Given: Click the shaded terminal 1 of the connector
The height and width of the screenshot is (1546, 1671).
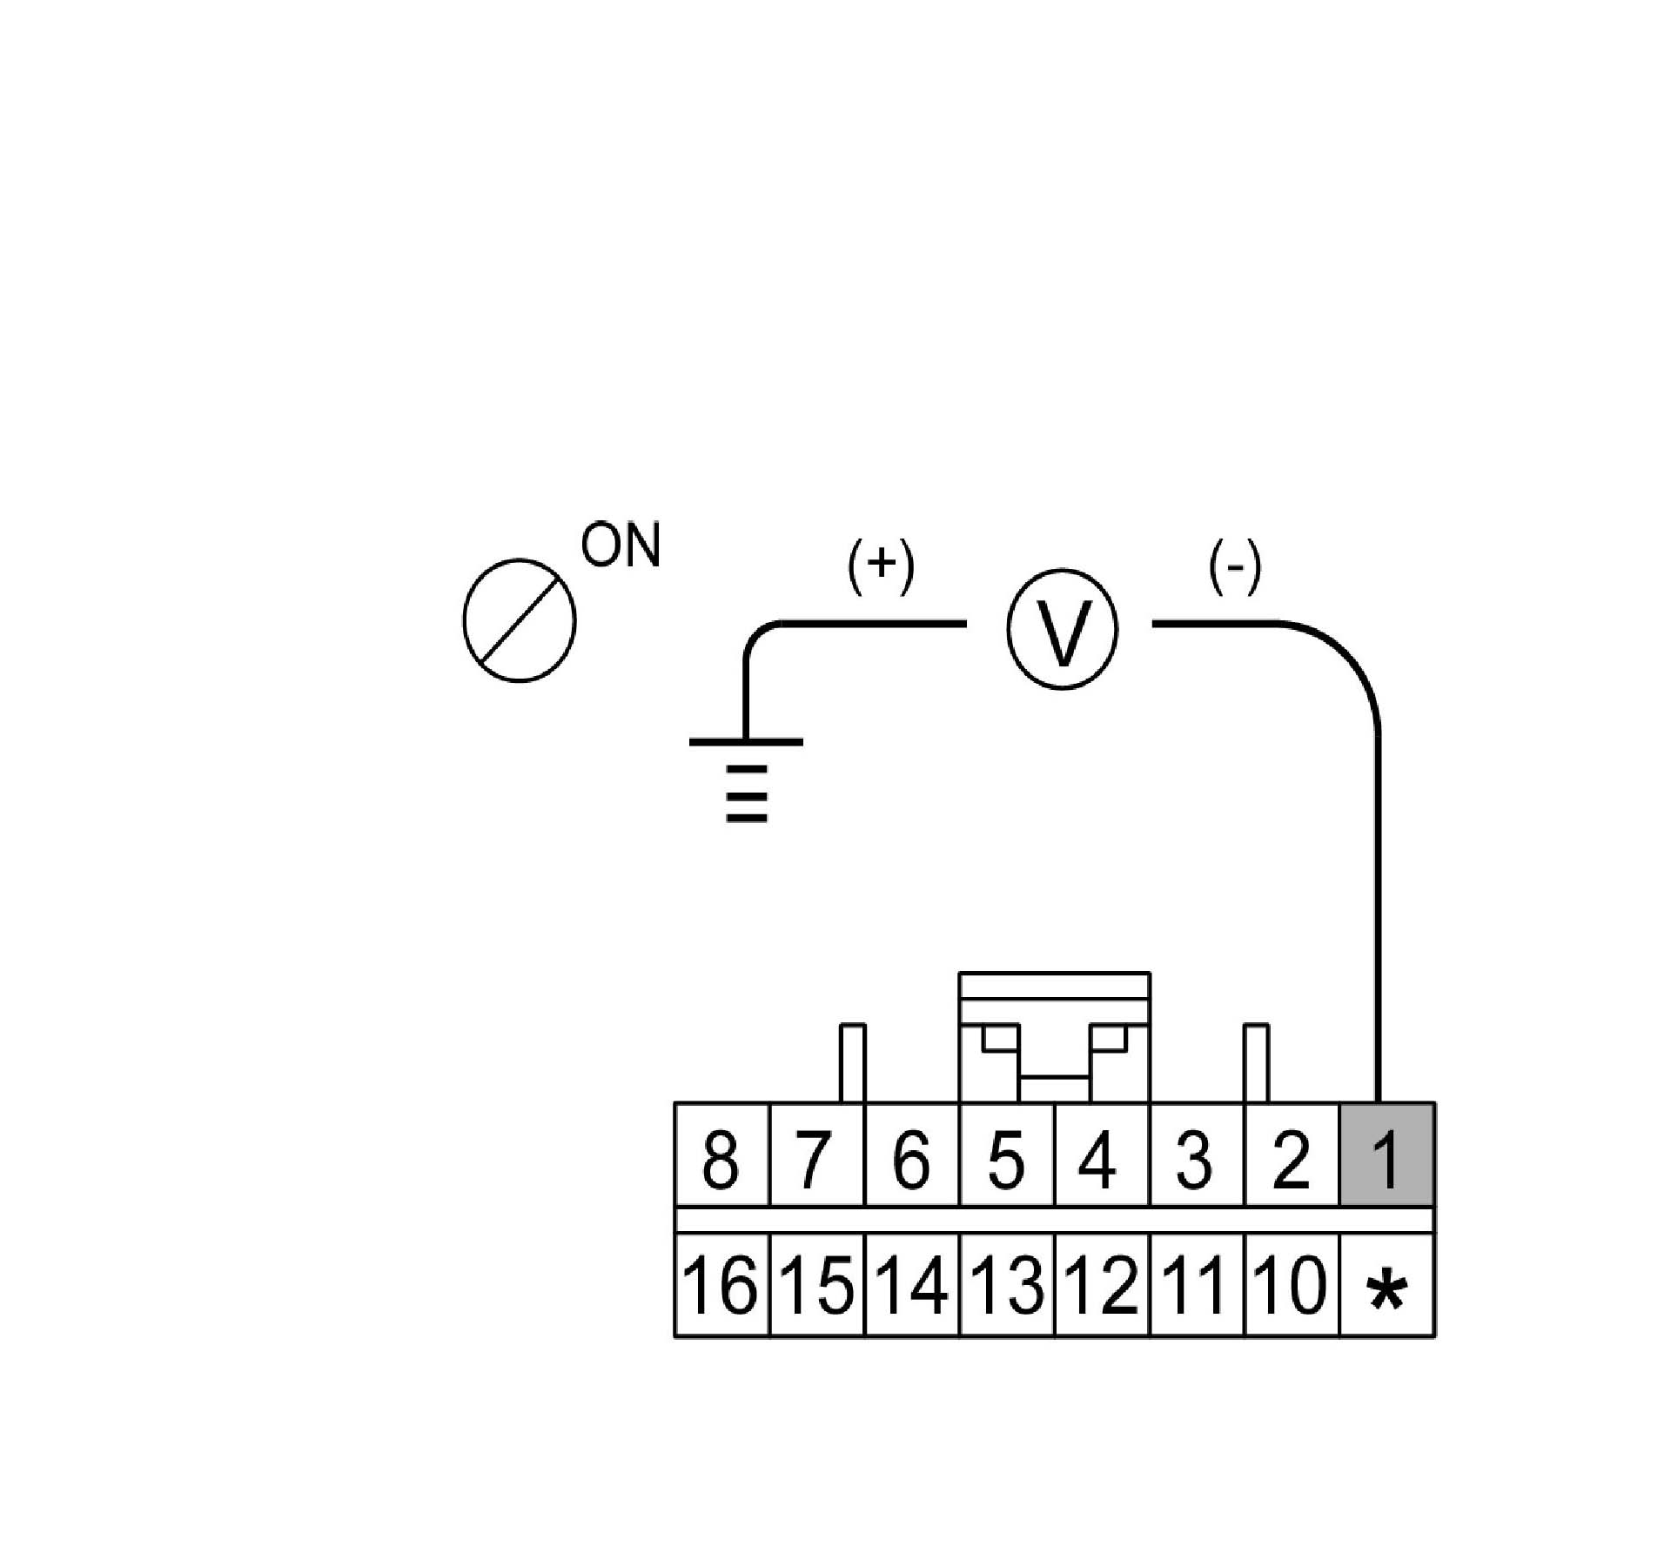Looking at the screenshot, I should [x=1386, y=1155].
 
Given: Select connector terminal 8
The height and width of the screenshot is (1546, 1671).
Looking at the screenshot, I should [x=721, y=1155].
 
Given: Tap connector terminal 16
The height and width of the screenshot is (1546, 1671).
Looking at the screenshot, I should [x=721, y=1284].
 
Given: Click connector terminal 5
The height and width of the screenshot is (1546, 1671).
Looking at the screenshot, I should [x=1006, y=1155].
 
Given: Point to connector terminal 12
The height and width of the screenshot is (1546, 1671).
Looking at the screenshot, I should [x=1102, y=1284].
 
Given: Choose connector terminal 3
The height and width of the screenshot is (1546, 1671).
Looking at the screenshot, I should [x=1197, y=1155].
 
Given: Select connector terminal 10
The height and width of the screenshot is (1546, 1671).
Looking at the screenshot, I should [x=1292, y=1284].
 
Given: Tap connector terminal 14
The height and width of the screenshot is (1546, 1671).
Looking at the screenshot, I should [x=911, y=1284].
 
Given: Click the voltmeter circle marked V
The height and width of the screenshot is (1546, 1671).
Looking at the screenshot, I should [x=1061, y=629].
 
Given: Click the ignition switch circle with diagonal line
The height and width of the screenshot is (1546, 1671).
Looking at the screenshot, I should [x=520, y=620].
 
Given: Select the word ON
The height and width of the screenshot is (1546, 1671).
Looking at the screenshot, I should [x=621, y=545].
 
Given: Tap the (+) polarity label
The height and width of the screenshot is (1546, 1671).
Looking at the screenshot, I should [x=881, y=571].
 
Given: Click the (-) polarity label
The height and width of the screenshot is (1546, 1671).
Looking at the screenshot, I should [x=1235, y=571].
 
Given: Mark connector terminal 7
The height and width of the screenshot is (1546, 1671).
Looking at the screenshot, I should [x=816, y=1155].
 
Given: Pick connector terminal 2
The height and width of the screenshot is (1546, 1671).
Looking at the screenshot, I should [x=1292, y=1155].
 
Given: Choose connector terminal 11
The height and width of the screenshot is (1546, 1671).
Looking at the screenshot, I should [x=1197, y=1284].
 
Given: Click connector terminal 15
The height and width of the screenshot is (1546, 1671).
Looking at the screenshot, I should [x=816, y=1284].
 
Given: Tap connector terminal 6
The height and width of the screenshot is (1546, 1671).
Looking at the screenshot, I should [x=911, y=1155].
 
